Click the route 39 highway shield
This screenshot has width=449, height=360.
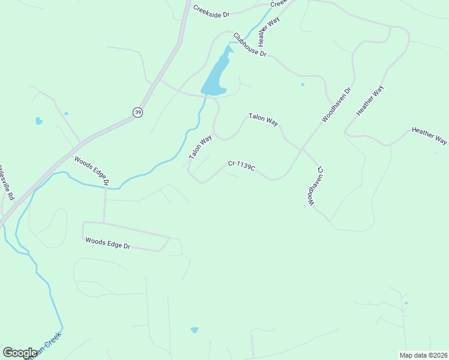tap(138, 113)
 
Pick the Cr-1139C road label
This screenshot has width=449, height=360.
tap(241, 165)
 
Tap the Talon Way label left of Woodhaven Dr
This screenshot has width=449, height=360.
tap(264, 120)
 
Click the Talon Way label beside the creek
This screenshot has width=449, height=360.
tap(200, 147)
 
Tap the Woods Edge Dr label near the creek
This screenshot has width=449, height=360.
tap(91, 170)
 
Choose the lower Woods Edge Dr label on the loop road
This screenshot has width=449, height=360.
tap(108, 243)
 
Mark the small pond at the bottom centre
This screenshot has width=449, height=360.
tap(194, 330)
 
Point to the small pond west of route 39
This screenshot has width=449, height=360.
tap(39, 121)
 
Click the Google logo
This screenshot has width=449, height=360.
tap(20, 353)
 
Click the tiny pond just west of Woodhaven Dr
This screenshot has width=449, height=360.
tap(303, 85)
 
